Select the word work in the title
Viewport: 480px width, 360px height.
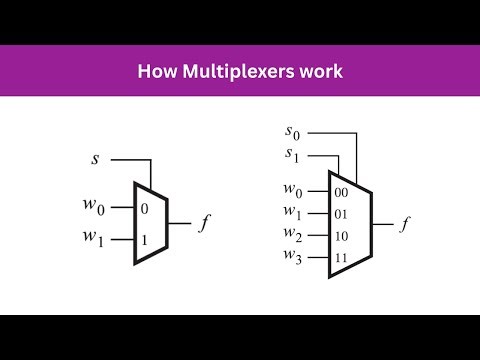click(x=323, y=73)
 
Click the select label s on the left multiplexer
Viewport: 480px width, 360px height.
click(x=97, y=158)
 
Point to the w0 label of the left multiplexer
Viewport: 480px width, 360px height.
click(x=94, y=209)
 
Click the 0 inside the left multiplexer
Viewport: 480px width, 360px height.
click(x=145, y=208)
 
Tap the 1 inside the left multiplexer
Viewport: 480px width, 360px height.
click(x=145, y=240)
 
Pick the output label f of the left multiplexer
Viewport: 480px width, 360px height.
click(x=206, y=224)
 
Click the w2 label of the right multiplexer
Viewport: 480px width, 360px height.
click(x=294, y=235)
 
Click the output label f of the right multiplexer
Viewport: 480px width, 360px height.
click(x=405, y=224)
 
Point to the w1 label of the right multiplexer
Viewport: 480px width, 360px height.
click(x=294, y=213)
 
